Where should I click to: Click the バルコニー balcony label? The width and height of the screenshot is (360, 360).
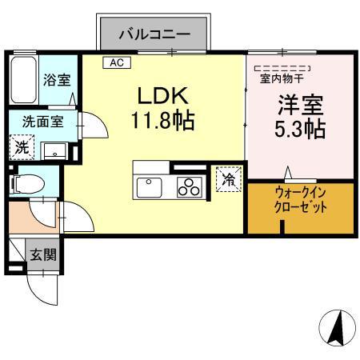click(x=154, y=34)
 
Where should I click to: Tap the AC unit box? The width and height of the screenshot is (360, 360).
click(x=116, y=61)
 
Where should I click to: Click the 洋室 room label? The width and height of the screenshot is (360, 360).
click(x=299, y=105)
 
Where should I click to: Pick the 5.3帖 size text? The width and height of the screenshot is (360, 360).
click(x=299, y=130)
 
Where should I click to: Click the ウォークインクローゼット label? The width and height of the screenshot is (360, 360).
click(x=299, y=198)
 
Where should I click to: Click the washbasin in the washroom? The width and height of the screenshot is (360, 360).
click(x=55, y=150)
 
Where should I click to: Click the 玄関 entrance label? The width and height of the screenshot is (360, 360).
click(x=42, y=256)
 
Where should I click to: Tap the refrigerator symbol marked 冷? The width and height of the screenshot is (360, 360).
click(x=228, y=180)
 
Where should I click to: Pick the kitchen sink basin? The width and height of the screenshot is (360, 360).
click(x=150, y=187)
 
